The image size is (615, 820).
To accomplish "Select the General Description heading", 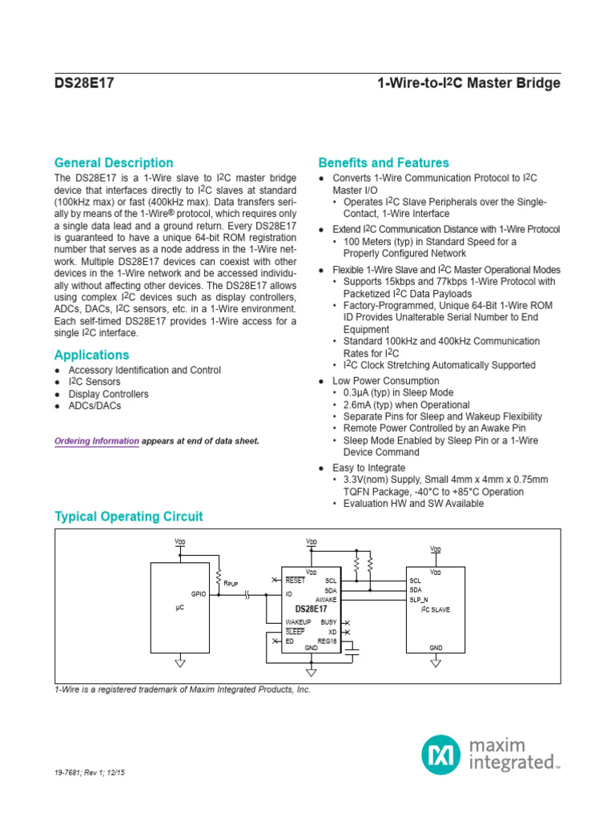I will point(114,163).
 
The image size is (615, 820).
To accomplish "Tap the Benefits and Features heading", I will point(384,163).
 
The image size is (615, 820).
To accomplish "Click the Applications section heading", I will point(91,355).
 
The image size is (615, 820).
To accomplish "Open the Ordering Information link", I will point(96,441).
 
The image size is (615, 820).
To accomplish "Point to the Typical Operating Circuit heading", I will point(128,517).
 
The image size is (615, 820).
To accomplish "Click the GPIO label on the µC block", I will point(199,594).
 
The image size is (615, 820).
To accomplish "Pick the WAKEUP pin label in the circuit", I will point(298,621).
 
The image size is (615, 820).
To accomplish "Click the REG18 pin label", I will point(328,641).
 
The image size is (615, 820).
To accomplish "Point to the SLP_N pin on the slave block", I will point(419,599).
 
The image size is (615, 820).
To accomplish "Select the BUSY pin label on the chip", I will point(328,621).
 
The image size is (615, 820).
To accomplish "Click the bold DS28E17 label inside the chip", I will point(311,609).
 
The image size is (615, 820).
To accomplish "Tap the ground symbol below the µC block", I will point(179,662).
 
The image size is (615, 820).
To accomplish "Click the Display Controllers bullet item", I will point(108,394).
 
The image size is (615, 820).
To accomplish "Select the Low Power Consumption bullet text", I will point(386,381).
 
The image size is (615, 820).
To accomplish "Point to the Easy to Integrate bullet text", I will point(369,468).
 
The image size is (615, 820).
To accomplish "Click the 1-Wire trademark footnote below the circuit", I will point(182,689).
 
